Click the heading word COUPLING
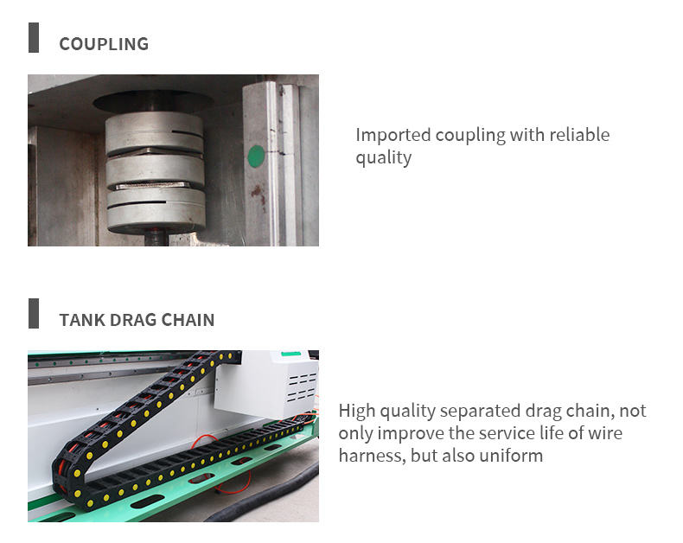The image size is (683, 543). click(x=104, y=44)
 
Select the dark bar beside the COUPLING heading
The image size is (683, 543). click(x=34, y=38)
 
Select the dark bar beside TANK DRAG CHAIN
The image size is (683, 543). click(x=34, y=313)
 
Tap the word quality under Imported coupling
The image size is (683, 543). click(x=383, y=157)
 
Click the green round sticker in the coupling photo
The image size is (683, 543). click(x=256, y=157)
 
